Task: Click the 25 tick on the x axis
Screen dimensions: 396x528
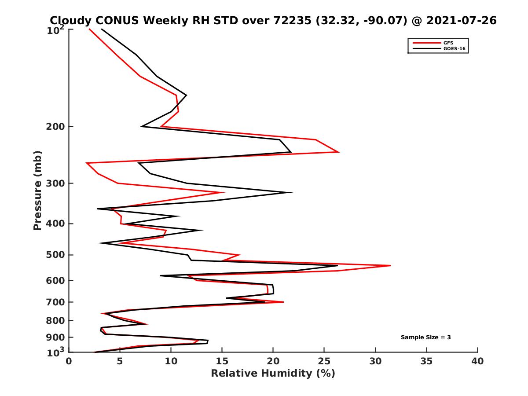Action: tap(324, 362)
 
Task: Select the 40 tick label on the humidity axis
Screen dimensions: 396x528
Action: tap(477, 362)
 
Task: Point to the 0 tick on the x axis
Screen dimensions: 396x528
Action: tap(69, 362)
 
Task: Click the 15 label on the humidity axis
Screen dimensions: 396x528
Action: tap(222, 362)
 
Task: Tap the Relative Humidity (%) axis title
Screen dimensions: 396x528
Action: tap(273, 374)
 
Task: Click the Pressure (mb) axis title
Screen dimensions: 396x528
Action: tap(37, 190)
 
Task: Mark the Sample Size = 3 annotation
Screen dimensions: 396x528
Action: tap(425, 337)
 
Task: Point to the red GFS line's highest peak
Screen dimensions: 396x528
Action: tap(390, 266)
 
